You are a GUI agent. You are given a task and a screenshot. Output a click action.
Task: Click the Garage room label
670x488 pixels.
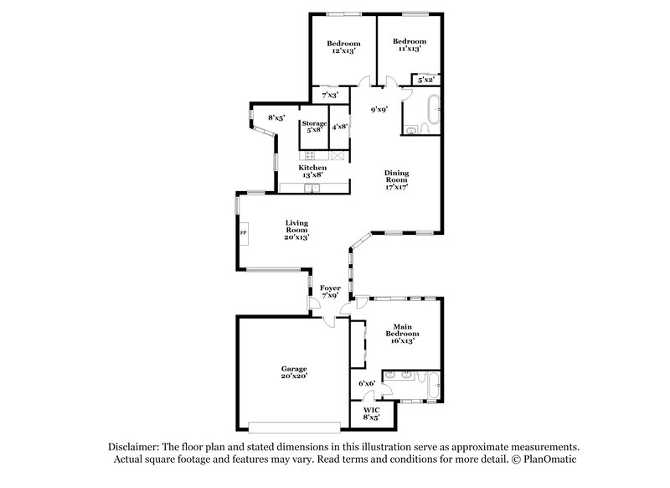click(x=295, y=372)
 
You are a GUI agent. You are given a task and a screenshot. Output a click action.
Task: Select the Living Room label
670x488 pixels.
click(x=296, y=230)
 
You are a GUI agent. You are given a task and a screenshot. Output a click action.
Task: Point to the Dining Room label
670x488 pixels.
click(x=396, y=179)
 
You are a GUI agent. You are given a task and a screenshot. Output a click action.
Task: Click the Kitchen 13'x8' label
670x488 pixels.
click(x=312, y=171)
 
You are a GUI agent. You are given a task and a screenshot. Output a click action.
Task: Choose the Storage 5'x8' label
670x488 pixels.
click(x=314, y=127)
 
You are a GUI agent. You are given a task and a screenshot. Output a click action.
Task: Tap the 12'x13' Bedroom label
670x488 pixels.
click(x=343, y=47)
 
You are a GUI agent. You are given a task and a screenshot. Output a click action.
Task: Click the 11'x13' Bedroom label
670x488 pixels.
click(x=410, y=45)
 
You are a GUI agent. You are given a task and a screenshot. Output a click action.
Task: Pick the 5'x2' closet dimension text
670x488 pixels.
click(x=425, y=80)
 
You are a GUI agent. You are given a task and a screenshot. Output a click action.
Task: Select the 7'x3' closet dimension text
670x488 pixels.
click(x=330, y=95)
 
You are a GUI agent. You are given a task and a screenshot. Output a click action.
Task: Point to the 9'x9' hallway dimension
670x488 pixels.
click(x=379, y=110)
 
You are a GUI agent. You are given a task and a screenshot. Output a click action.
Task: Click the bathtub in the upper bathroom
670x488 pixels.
click(x=434, y=110)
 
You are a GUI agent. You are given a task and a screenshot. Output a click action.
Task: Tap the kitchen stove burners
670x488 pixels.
click(x=309, y=155)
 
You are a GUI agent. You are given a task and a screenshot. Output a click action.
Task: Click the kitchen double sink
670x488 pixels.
click(x=312, y=188)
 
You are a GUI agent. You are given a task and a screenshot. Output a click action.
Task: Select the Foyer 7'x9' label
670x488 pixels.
click(x=330, y=291)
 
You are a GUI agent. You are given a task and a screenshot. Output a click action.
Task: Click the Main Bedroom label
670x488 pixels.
click(x=403, y=334)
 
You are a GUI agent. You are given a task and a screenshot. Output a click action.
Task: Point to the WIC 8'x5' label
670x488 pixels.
click(x=371, y=413)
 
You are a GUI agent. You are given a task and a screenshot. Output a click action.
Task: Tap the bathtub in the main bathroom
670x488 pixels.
click(x=434, y=386)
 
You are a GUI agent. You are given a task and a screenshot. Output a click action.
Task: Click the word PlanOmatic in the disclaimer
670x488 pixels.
click(x=550, y=459)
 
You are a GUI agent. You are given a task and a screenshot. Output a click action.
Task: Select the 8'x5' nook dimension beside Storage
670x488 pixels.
click(x=276, y=117)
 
